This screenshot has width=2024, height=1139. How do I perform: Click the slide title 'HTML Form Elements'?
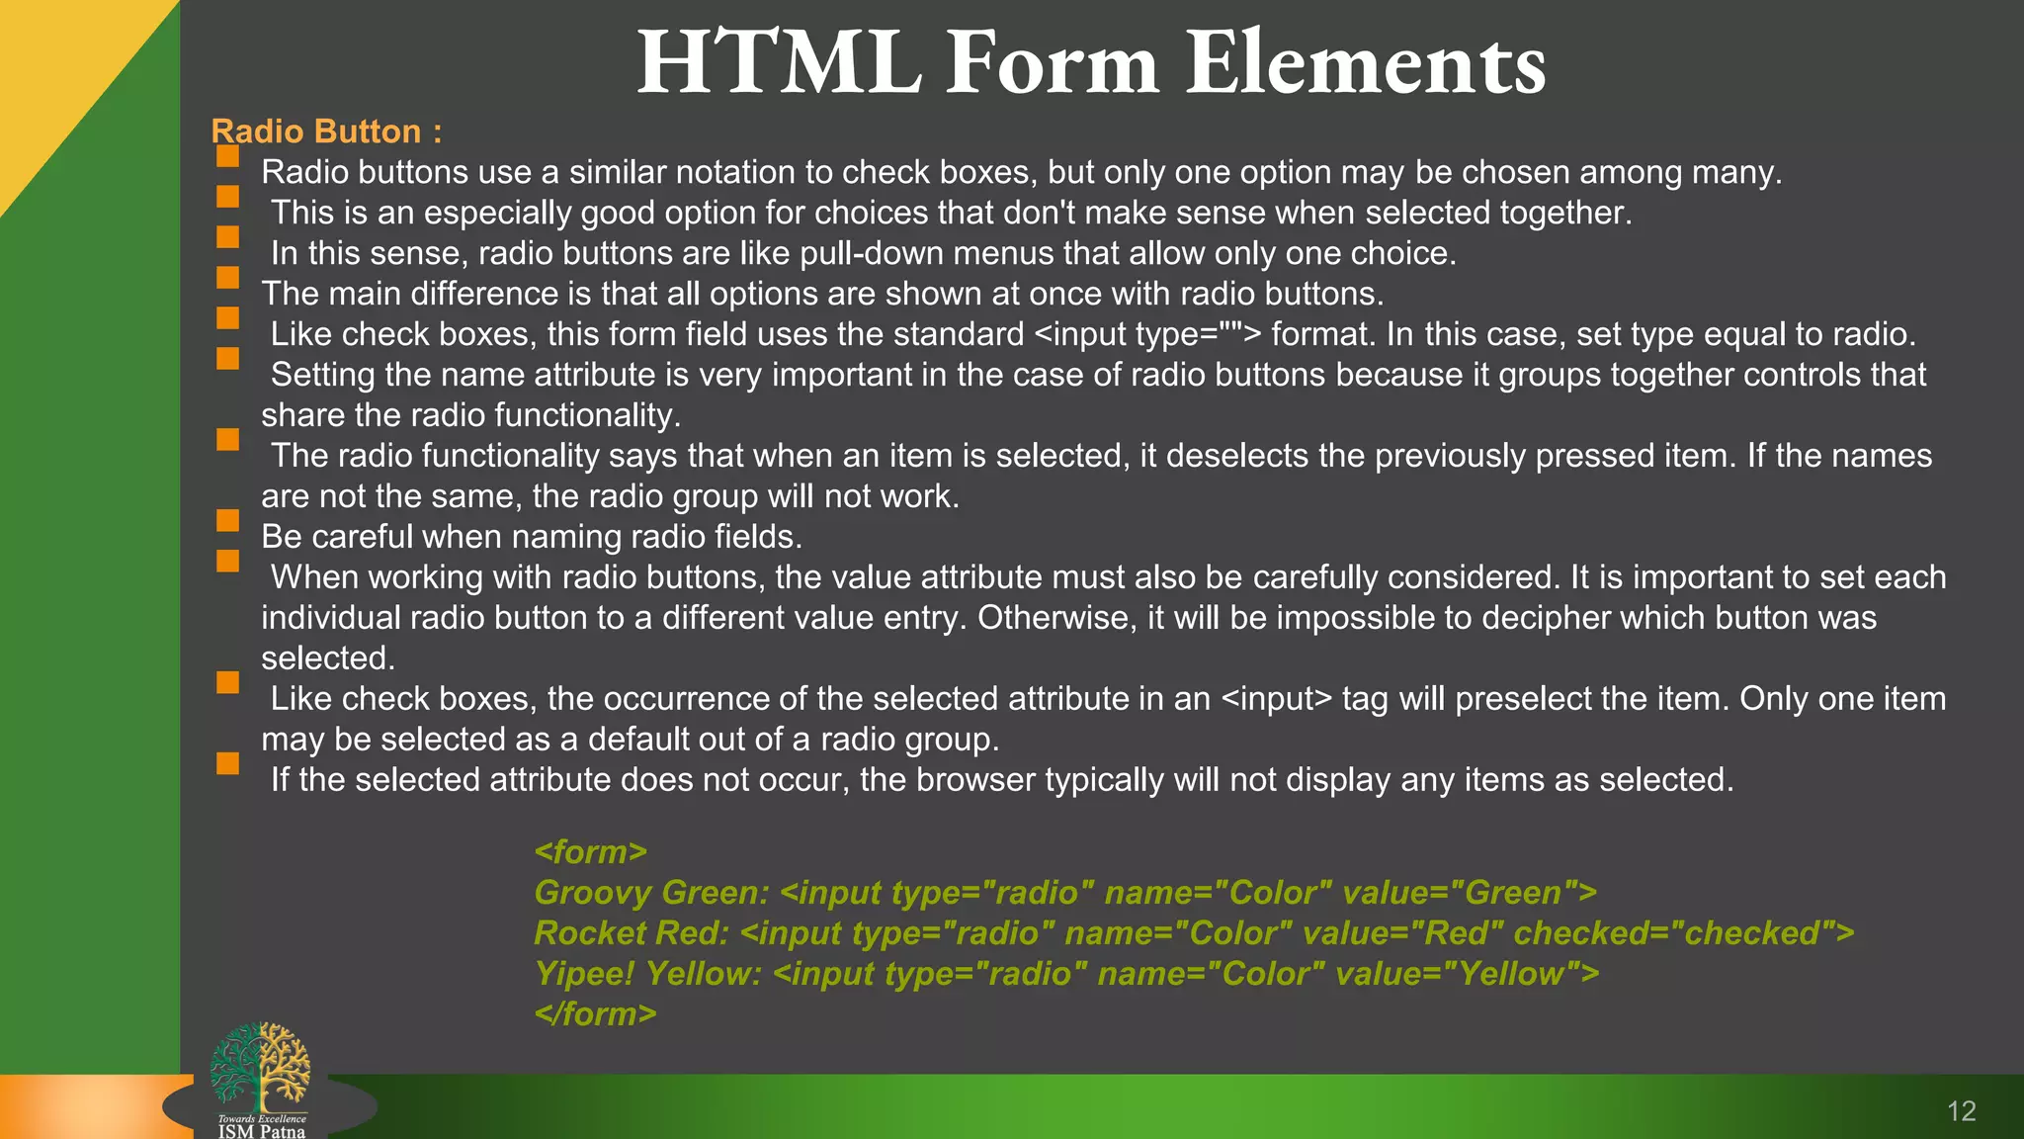[1091, 63]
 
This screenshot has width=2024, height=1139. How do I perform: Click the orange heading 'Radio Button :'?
[326, 131]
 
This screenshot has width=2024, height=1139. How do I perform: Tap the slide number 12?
[1961, 1111]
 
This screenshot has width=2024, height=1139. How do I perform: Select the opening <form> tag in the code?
[590, 852]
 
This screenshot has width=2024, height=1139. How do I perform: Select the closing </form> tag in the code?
[595, 1014]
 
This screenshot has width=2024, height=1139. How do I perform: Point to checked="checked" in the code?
[1683, 933]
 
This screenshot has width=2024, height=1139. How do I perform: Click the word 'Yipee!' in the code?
[583, 974]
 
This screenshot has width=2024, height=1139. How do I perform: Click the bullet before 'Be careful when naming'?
[228, 520]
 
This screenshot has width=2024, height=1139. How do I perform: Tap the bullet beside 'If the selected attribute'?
[228, 763]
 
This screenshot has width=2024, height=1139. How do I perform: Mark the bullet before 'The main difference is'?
[228, 277]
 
